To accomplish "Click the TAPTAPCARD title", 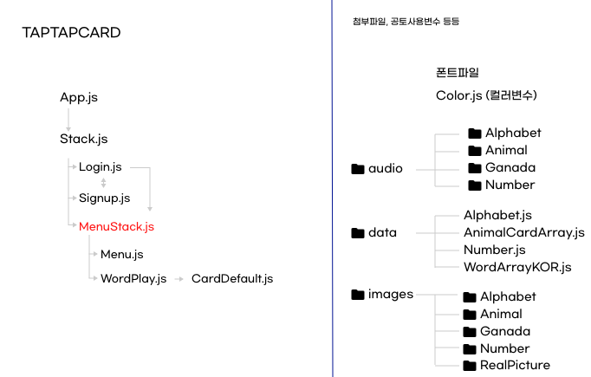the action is pos(71,33).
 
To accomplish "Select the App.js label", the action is pos(79,97).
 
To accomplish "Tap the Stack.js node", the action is pos(84,139).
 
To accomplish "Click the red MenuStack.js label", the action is pos(117,227).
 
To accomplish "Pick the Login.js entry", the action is pos(101,166).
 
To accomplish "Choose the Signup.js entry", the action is pos(105,198).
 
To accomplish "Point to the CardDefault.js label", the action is pos(232,278).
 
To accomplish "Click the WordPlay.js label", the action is pos(133,278).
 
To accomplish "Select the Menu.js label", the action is pos(122,254).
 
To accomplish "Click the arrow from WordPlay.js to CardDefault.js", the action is pos(178,279).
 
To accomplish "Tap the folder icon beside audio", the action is pos(358,169).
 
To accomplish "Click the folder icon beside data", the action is pos(358,232).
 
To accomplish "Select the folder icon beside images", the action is pos(358,295).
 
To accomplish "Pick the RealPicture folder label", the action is pos(516,365).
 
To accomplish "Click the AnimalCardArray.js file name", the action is pos(524,232).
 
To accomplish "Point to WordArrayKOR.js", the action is pos(517,267).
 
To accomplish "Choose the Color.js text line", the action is pos(488,95).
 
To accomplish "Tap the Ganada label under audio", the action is pos(510,167).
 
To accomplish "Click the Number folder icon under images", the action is pos(471,348).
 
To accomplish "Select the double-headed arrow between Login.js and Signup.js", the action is pos(104,183).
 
